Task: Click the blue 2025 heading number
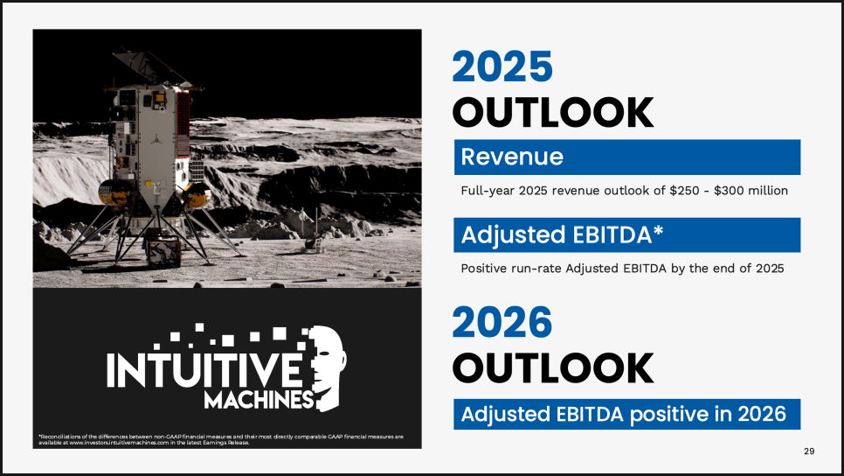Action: click(x=502, y=66)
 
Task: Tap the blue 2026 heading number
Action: click(x=502, y=322)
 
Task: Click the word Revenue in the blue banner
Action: click(x=512, y=157)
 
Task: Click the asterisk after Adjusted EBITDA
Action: click(x=658, y=231)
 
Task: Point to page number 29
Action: click(x=809, y=451)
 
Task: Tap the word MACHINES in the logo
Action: click(x=259, y=400)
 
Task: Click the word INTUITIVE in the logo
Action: click(x=204, y=369)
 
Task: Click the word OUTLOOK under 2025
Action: click(x=553, y=113)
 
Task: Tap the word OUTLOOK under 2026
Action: click(x=553, y=368)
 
